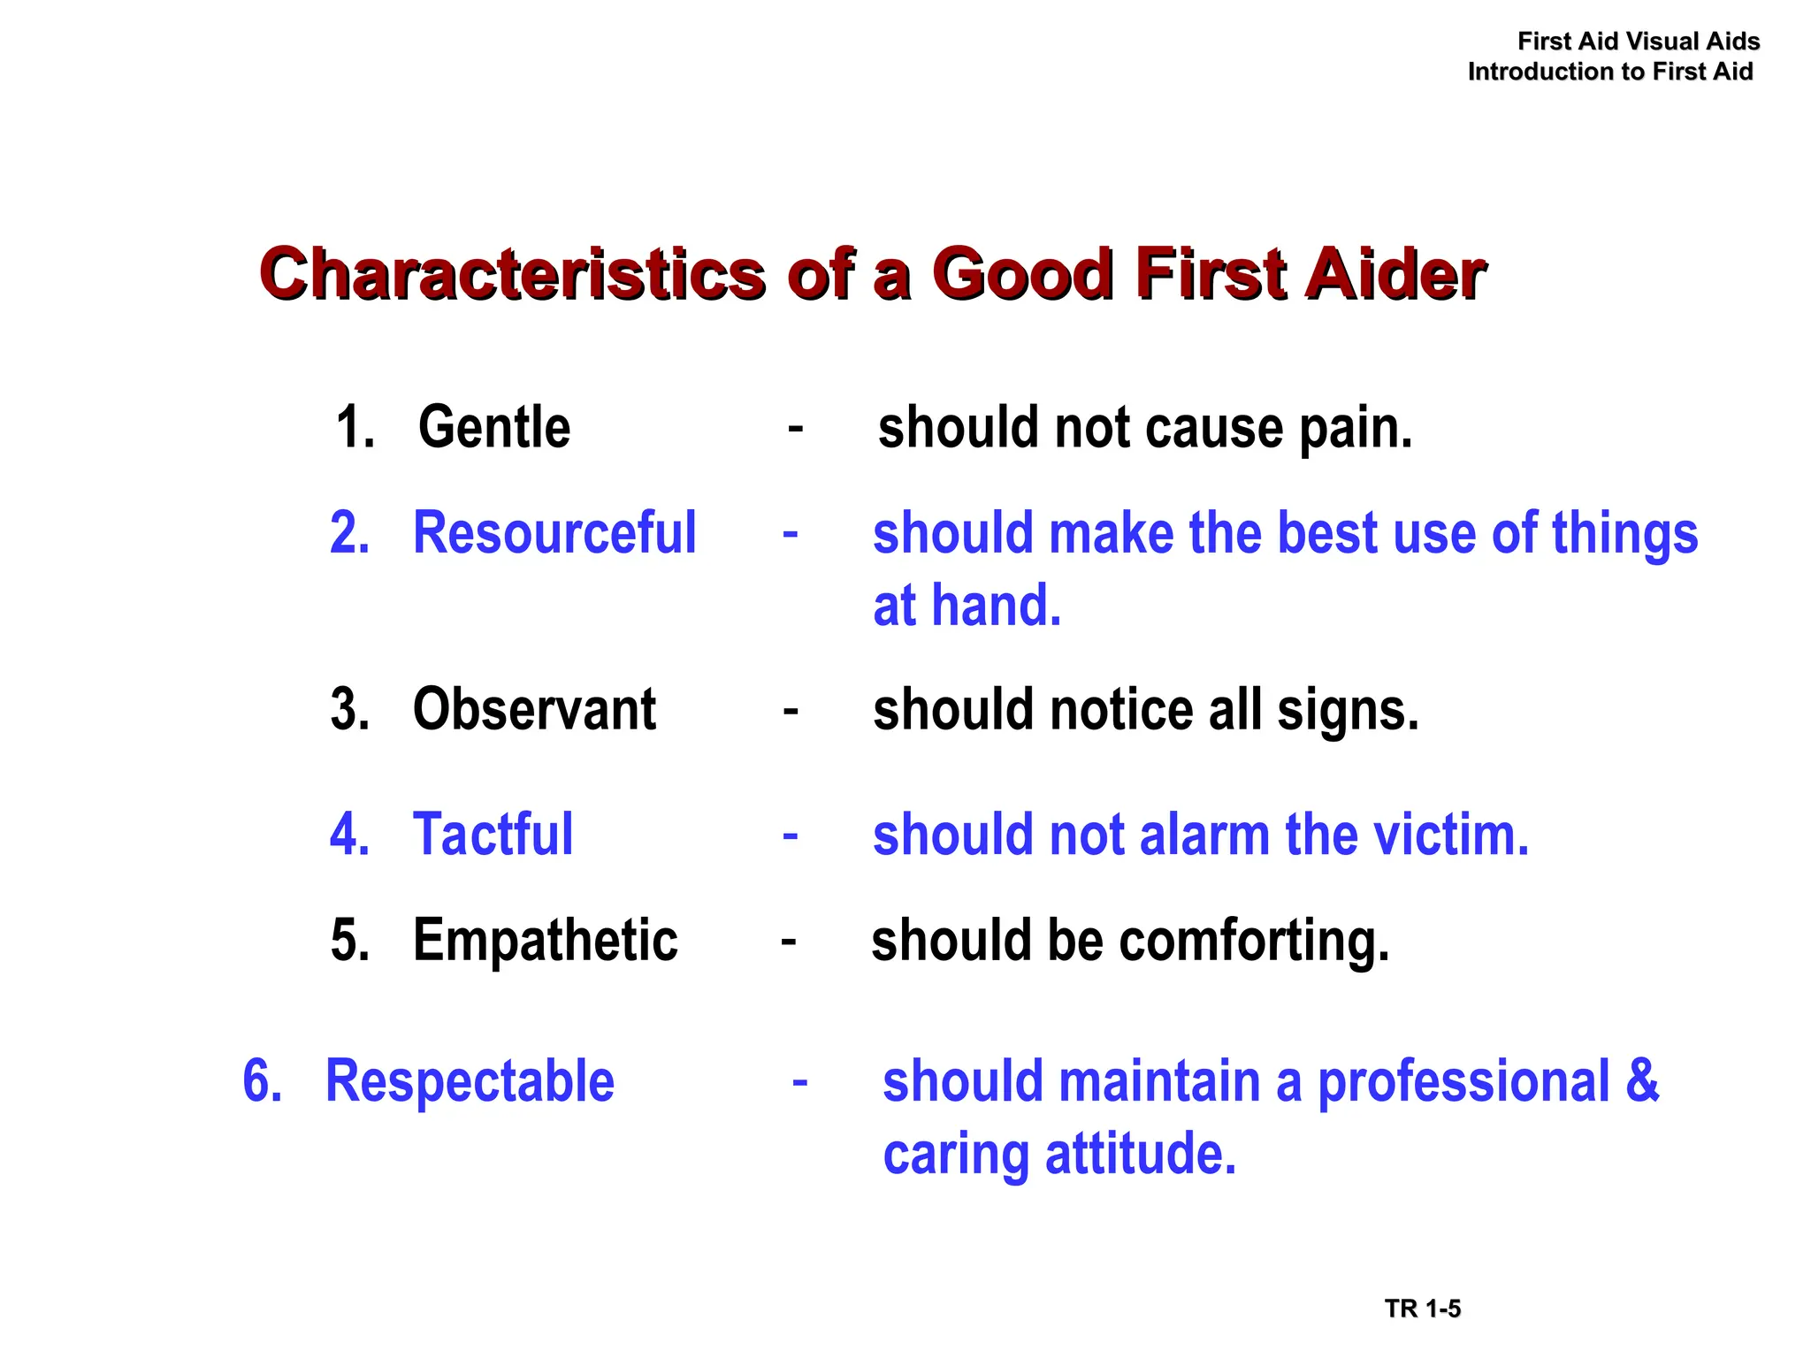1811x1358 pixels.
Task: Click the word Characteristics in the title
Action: point(513,274)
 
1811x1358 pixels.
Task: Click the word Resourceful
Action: point(554,533)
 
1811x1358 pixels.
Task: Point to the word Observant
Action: point(534,710)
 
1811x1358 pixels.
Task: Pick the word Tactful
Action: point(493,835)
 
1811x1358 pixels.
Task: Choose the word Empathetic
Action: point(545,940)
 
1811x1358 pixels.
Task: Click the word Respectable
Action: point(470,1081)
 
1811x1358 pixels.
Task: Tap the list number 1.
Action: point(354,428)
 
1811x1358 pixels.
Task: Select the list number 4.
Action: point(349,835)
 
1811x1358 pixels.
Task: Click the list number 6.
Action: point(263,1081)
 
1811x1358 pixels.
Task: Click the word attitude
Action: point(1140,1154)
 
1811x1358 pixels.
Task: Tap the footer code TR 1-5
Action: point(1423,1308)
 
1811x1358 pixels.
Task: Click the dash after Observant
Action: point(791,711)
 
